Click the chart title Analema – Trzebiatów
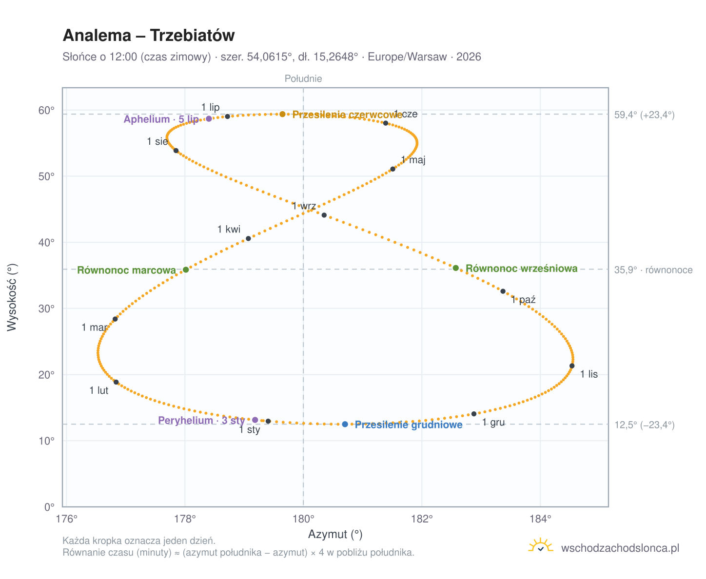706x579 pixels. (148, 35)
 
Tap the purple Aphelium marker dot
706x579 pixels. (208, 118)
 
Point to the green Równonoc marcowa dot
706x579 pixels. (185, 269)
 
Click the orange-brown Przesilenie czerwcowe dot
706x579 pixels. (282, 114)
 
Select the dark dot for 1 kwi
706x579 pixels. (248, 238)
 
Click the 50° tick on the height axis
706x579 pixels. (46, 176)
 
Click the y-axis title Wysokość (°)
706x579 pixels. (12, 297)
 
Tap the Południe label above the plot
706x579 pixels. (303, 78)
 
